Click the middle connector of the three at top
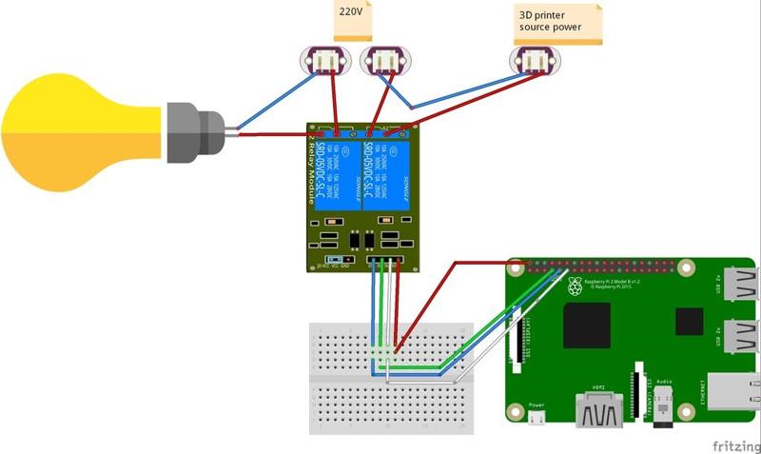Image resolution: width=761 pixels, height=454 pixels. (383, 62)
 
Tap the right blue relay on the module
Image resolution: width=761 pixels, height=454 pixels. (384, 177)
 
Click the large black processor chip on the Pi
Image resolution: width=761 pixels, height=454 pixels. (586, 326)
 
